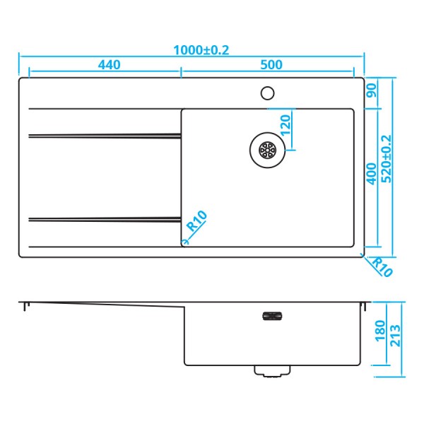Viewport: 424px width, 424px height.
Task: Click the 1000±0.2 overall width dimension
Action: [202, 49]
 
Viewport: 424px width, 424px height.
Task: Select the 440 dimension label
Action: [109, 65]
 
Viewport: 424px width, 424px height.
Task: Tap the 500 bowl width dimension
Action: [271, 65]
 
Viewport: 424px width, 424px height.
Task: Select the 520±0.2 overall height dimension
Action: [387, 158]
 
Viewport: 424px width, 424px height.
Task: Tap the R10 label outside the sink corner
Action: [382, 266]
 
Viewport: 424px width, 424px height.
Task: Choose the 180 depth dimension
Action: [379, 329]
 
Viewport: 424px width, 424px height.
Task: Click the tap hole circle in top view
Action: [268, 92]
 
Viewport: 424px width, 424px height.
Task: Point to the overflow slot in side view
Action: [271, 316]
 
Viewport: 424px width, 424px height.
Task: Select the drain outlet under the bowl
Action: [271, 370]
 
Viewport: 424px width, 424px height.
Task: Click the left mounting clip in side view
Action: [26, 307]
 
